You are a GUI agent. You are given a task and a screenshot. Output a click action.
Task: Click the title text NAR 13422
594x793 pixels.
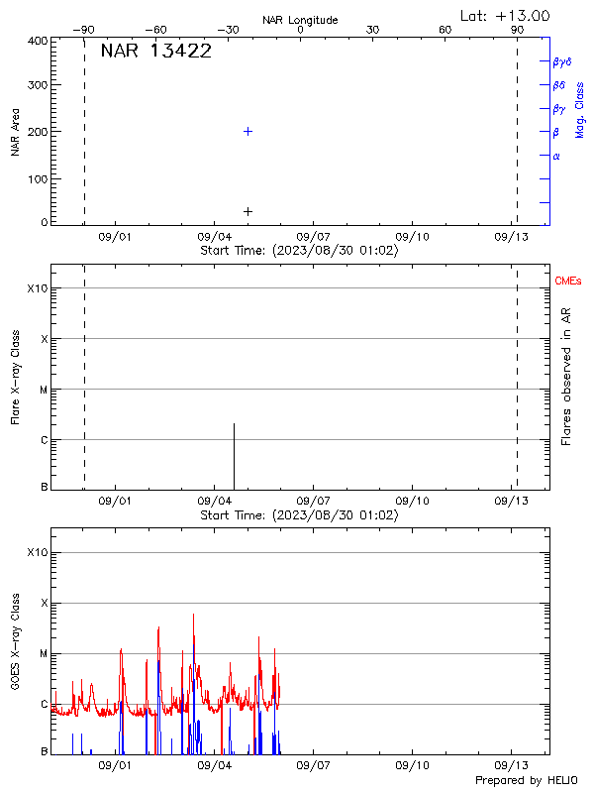pos(156,52)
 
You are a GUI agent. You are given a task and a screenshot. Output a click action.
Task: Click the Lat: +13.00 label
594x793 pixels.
pos(505,16)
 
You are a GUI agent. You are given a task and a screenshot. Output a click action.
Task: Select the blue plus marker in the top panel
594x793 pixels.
pos(247,131)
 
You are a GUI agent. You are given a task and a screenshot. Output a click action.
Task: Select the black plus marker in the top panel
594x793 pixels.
pos(247,211)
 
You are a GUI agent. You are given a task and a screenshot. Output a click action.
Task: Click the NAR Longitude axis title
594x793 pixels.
pos(300,20)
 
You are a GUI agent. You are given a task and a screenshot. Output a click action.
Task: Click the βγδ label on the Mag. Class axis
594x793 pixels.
pos(562,61)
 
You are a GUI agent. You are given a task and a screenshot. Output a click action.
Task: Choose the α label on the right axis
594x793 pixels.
pos(556,156)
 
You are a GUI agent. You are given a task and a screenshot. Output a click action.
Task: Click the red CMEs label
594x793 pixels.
pos(568,282)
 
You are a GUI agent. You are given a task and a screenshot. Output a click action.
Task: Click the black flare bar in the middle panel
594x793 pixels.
pos(234,456)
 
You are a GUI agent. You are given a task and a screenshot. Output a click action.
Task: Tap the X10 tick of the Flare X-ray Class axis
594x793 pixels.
pos(37,288)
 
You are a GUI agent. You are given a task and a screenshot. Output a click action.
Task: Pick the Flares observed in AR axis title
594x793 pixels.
pos(567,376)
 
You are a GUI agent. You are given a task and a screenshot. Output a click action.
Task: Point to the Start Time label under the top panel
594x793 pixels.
pos(299,251)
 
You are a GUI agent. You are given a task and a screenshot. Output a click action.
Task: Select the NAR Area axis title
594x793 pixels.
pos(15,132)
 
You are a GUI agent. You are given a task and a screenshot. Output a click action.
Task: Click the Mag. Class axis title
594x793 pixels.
pos(580,110)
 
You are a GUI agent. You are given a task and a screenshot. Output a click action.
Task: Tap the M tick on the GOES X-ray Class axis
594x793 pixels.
pos(43,653)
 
